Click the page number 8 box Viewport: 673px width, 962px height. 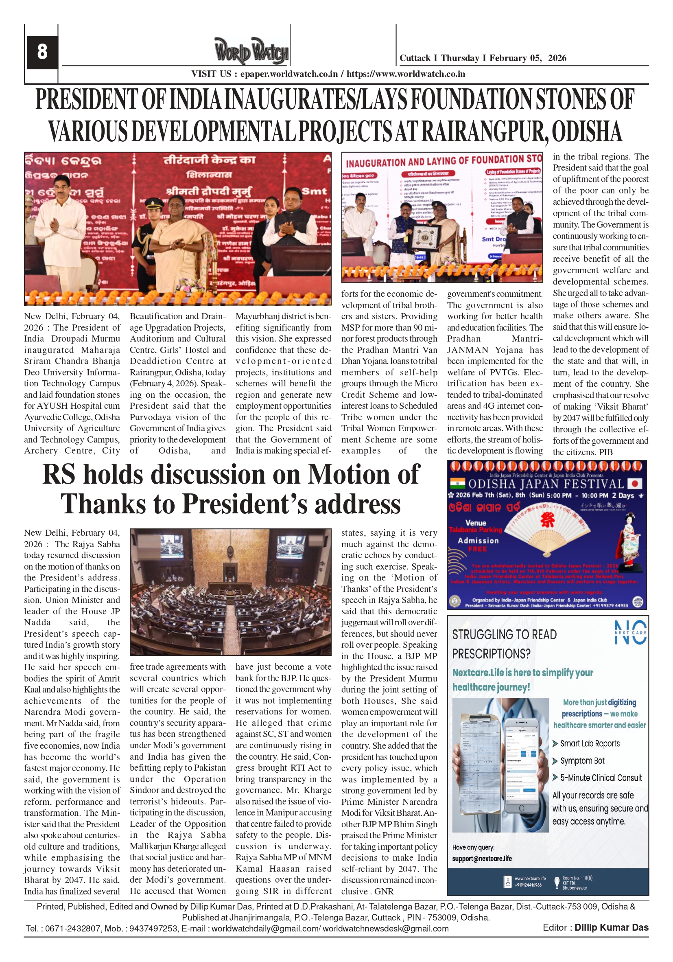(x=42, y=52)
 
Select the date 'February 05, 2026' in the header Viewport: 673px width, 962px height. (x=528, y=58)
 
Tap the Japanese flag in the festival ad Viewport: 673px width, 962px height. (x=635, y=484)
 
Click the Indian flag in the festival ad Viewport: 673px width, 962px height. (x=457, y=484)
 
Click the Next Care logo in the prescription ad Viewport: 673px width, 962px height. (x=630, y=633)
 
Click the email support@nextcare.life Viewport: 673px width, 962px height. (x=482, y=859)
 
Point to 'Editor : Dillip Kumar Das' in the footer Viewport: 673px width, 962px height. (x=595, y=928)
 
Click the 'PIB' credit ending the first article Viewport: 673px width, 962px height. (x=605, y=452)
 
